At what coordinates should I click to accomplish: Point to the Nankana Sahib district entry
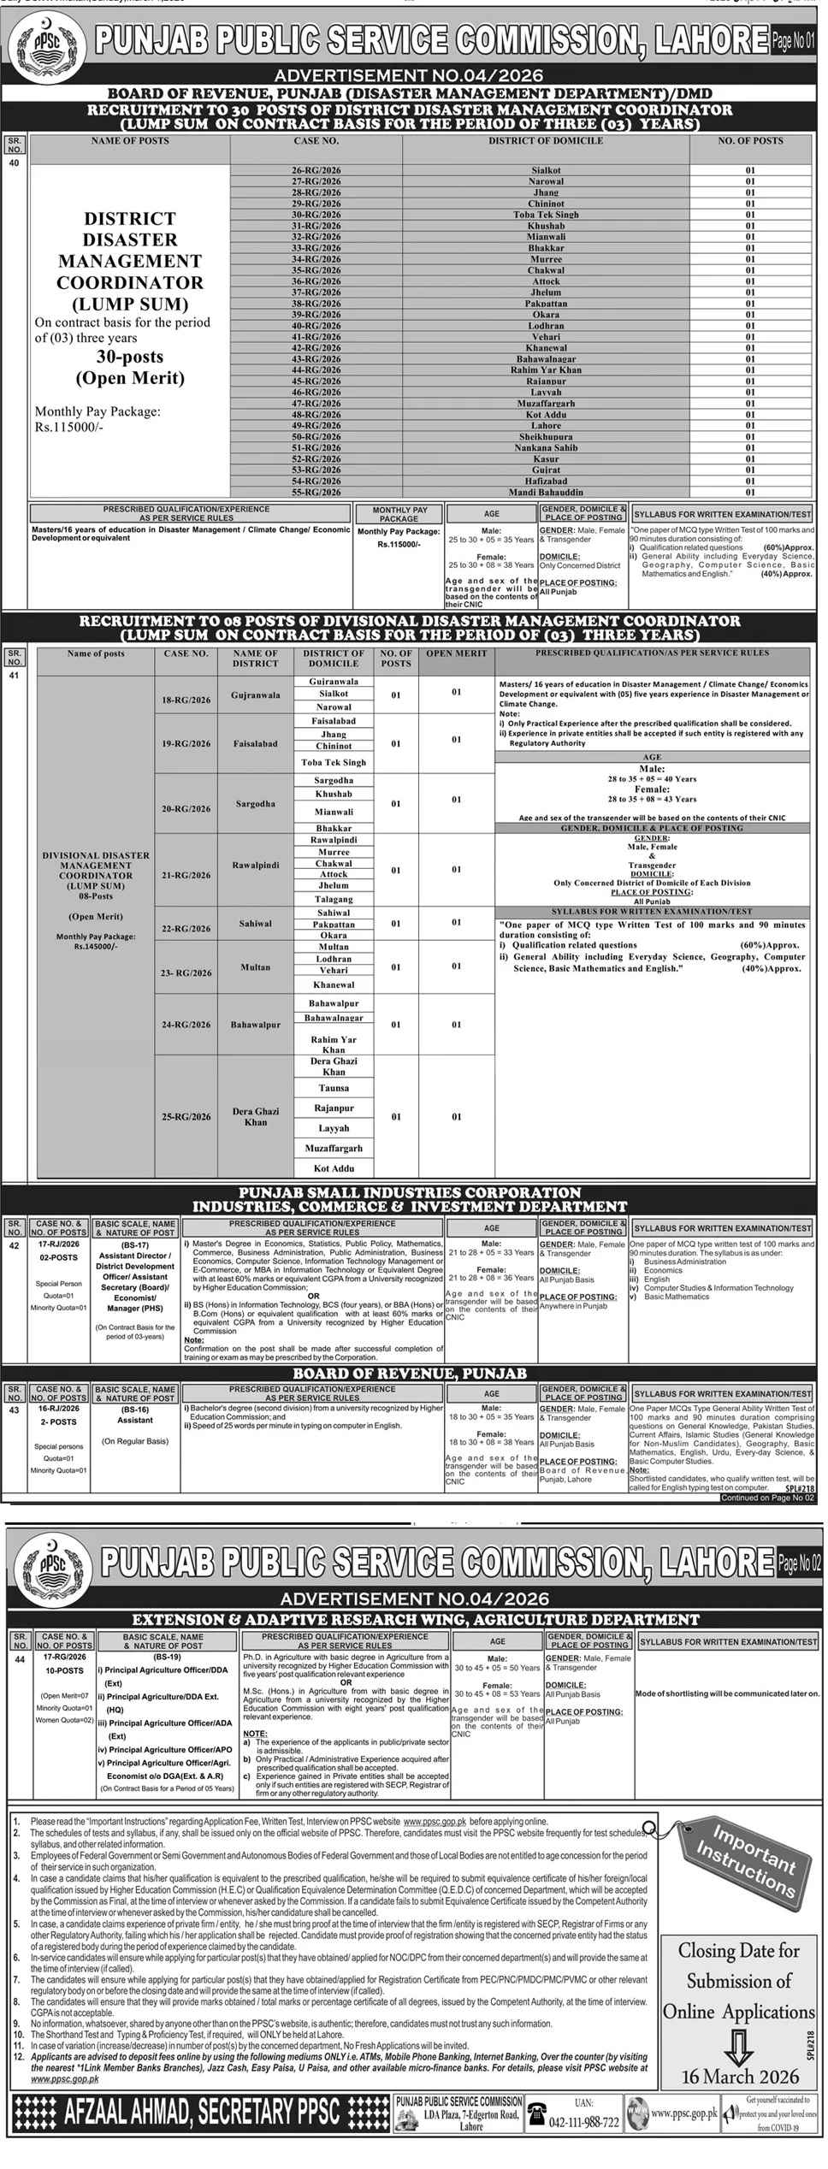pos(546,448)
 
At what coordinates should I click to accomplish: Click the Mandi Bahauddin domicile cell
pos(546,493)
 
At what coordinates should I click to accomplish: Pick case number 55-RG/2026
pos(316,493)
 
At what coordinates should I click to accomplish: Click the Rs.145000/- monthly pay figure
pos(96,948)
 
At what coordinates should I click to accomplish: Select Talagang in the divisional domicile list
pos(334,899)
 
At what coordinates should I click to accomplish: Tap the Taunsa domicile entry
pos(334,1089)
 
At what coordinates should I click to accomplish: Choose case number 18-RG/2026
pos(186,700)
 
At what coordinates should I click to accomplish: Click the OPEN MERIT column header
pos(457,653)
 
